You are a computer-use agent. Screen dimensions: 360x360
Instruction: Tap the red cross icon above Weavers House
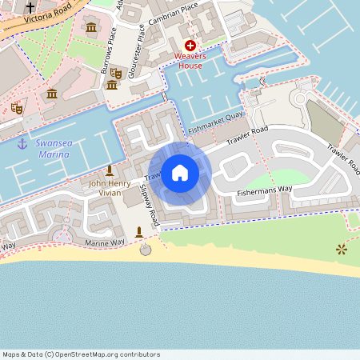(x=190, y=47)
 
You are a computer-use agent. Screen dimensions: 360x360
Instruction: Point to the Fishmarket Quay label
(x=215, y=122)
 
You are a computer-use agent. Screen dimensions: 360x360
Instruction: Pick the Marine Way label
(x=106, y=241)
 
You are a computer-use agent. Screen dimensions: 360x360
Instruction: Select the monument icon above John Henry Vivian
(x=110, y=170)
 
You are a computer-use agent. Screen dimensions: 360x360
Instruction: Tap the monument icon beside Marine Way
(x=139, y=232)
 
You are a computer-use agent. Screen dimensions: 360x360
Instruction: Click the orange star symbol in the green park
(x=342, y=250)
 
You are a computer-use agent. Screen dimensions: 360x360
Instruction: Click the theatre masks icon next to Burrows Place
(x=115, y=73)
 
